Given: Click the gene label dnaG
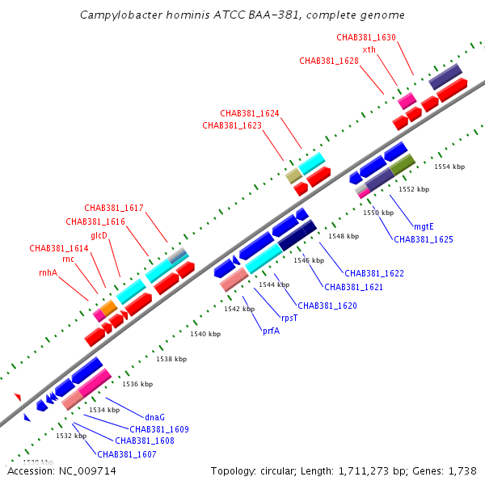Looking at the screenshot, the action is point(154,417).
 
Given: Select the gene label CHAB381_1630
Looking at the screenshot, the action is point(366,37).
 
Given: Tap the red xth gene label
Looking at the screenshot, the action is point(369,49).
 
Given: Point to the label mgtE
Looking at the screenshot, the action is point(424,226).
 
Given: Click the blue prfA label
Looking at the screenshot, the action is point(272,331).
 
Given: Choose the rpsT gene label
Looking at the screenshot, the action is point(289,318).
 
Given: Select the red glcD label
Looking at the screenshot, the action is point(99,236).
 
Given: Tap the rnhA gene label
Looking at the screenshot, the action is point(48,272).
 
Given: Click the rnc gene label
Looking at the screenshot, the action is point(69,259).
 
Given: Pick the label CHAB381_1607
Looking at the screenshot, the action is point(127,454).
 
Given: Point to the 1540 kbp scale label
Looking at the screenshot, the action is point(205,334).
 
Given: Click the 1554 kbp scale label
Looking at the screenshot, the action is point(449,167).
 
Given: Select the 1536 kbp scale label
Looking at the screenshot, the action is point(137,384).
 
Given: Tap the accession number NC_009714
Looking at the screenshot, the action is point(87,471).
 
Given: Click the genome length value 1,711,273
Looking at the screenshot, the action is point(364,471).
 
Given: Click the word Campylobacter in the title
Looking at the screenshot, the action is point(121,15).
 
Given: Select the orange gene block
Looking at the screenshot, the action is point(109,308).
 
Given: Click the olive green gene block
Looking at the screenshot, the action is point(402,165).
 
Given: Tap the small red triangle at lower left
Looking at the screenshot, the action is point(18,397).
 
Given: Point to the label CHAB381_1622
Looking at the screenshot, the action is point(374,273).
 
